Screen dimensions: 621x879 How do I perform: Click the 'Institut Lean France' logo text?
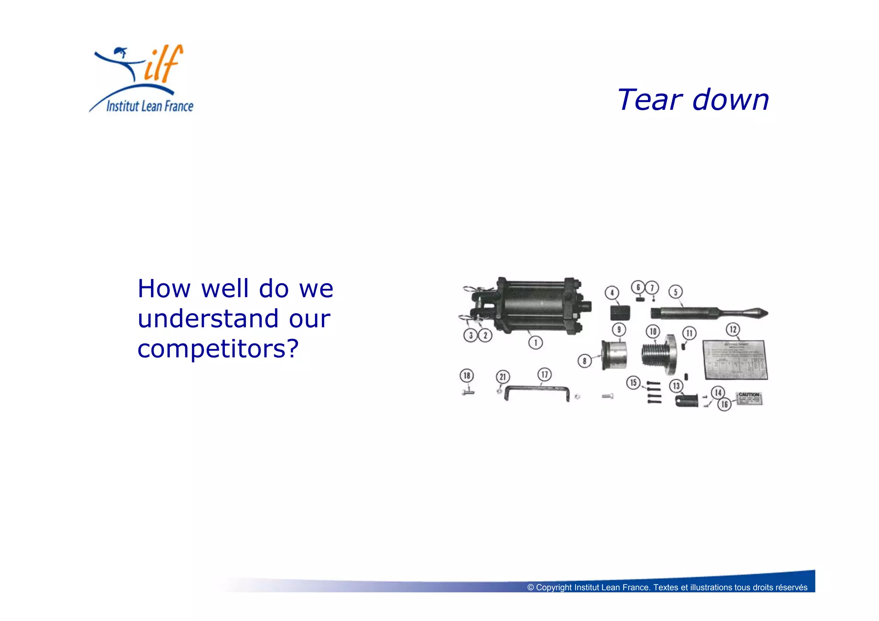pos(149,106)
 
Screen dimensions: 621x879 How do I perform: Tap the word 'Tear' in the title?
pos(649,100)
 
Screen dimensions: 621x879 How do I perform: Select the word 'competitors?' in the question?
pos(218,348)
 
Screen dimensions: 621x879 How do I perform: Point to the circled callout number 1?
pos(535,342)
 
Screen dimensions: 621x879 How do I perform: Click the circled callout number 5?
pos(675,292)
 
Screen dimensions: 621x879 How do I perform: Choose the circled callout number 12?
pos(733,330)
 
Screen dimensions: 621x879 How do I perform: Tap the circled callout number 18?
pos(467,376)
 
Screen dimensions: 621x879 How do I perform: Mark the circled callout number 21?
pos(503,377)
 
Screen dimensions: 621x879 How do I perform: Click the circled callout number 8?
pos(584,361)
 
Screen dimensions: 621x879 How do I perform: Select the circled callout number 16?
pos(724,404)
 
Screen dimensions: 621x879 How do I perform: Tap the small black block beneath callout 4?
pos(620,312)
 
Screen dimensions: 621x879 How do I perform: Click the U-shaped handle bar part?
pos(537,390)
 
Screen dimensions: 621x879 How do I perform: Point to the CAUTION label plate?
pos(749,399)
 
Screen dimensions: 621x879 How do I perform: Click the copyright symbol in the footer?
pos(530,588)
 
